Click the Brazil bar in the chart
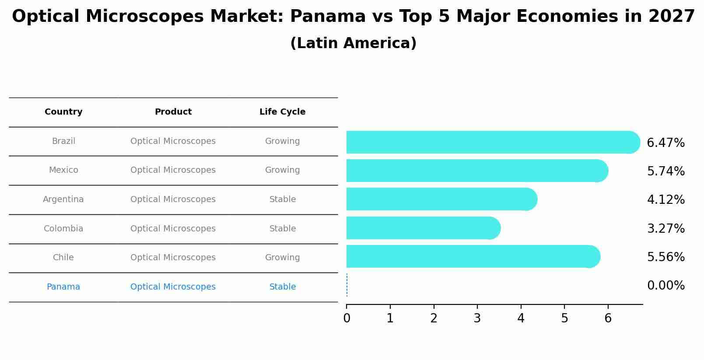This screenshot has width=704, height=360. click(x=490, y=142)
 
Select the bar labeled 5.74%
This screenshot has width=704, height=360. click(x=475, y=171)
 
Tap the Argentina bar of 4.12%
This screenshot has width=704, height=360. click(x=440, y=199)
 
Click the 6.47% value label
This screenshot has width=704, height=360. click(x=665, y=143)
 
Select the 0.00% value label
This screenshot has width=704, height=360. click(x=665, y=286)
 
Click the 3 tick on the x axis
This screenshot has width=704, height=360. click(x=477, y=318)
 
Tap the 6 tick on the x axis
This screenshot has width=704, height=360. click(x=608, y=318)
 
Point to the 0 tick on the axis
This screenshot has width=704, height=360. click(x=347, y=318)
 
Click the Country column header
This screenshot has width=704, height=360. click(x=63, y=112)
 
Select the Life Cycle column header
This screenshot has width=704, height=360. click(x=282, y=112)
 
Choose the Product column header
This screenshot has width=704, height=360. click(x=173, y=112)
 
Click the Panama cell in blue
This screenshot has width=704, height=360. click(x=63, y=287)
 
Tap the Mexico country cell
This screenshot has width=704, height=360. click(x=63, y=170)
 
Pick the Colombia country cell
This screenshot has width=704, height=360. click(x=63, y=229)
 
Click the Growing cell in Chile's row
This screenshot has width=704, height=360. click(x=282, y=258)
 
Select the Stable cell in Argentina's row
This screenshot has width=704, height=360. click(x=282, y=199)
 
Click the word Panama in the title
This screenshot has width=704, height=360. click(x=328, y=17)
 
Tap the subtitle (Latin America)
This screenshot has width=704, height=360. click(x=353, y=43)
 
